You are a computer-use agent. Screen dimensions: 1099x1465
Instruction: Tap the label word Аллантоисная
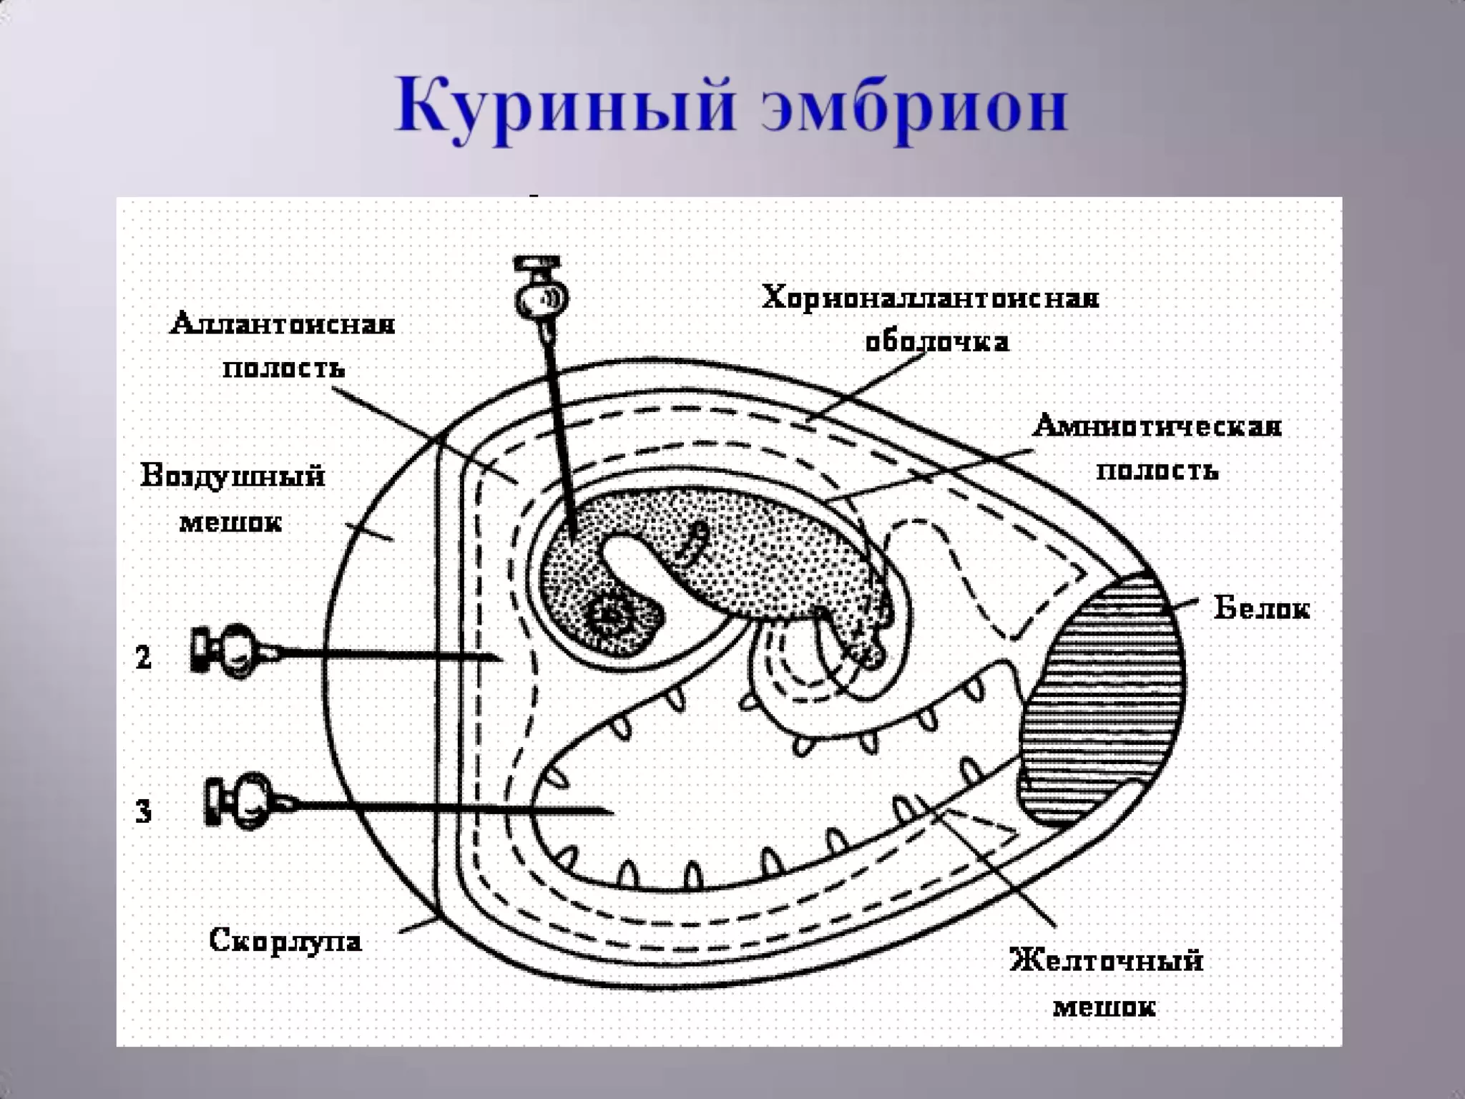coord(282,324)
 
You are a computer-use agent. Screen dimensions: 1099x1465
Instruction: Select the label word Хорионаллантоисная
coord(930,298)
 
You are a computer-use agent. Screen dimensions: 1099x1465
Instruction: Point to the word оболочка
coord(937,342)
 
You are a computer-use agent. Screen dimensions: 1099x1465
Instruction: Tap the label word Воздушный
coord(232,476)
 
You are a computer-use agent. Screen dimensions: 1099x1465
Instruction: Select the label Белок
coord(1262,608)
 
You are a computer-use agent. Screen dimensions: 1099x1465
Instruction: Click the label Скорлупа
coord(285,939)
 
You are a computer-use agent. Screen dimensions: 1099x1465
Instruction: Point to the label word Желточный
coord(1106,959)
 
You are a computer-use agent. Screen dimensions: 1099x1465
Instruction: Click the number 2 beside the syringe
coord(144,657)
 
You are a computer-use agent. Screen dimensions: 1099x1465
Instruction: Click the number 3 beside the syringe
coord(144,811)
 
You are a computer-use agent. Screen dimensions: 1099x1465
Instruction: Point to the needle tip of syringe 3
coord(612,811)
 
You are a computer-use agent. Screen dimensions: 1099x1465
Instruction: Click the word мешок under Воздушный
coord(230,522)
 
